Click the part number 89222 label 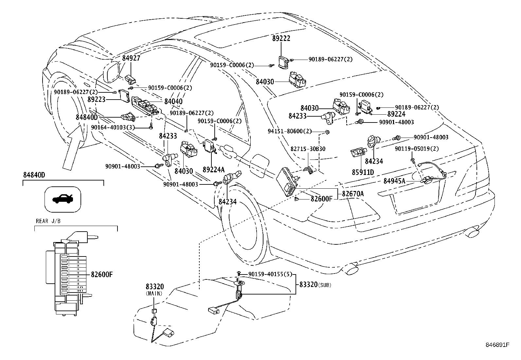(281, 38)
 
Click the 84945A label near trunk (394, 181)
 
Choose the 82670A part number (353, 194)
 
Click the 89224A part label (213, 169)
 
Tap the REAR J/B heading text (48, 221)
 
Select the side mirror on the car (110, 73)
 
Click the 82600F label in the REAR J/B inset (102, 274)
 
